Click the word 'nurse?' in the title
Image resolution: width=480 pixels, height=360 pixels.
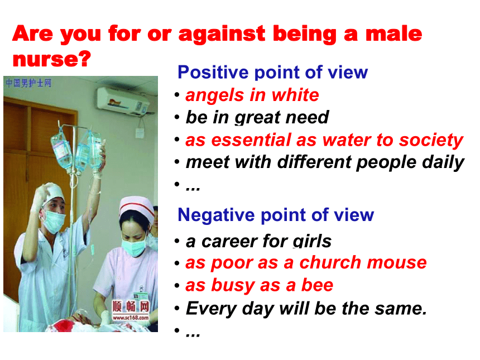pyautogui.click(x=52, y=59)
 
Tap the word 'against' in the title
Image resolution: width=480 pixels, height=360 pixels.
pyautogui.click(x=222, y=34)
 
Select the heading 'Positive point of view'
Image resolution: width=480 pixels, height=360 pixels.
pyautogui.click(x=272, y=73)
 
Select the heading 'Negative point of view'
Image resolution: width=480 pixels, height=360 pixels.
pyautogui.click(x=276, y=215)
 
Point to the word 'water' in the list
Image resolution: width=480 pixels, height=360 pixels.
pyautogui.click(x=346, y=140)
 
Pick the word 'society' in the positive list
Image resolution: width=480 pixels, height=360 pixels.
pyautogui.click(x=431, y=141)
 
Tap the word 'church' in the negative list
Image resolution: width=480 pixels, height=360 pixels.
pyautogui.click(x=330, y=262)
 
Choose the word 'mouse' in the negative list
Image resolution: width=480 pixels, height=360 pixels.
pyautogui.click(x=397, y=263)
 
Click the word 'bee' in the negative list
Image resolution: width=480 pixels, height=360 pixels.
pyautogui.click(x=317, y=285)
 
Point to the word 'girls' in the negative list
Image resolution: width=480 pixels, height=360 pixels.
pyautogui.click(x=312, y=241)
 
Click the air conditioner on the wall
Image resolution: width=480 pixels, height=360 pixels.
pyautogui.click(x=123, y=102)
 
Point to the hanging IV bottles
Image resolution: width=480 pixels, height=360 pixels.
pyautogui.click(x=78, y=150)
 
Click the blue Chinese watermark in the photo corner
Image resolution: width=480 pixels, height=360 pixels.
pyautogui.click(x=28, y=83)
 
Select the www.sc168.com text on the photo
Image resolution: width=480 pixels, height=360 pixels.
pyautogui.click(x=131, y=318)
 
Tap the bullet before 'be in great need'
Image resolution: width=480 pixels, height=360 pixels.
pyautogui.click(x=177, y=117)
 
